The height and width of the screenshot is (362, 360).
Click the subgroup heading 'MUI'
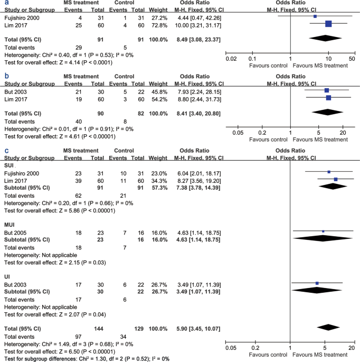point(10,224)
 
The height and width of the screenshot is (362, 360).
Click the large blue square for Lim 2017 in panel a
point(328,23)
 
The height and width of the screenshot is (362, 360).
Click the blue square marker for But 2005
point(323,231)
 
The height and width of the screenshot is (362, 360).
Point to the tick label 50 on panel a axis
point(352,59)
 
